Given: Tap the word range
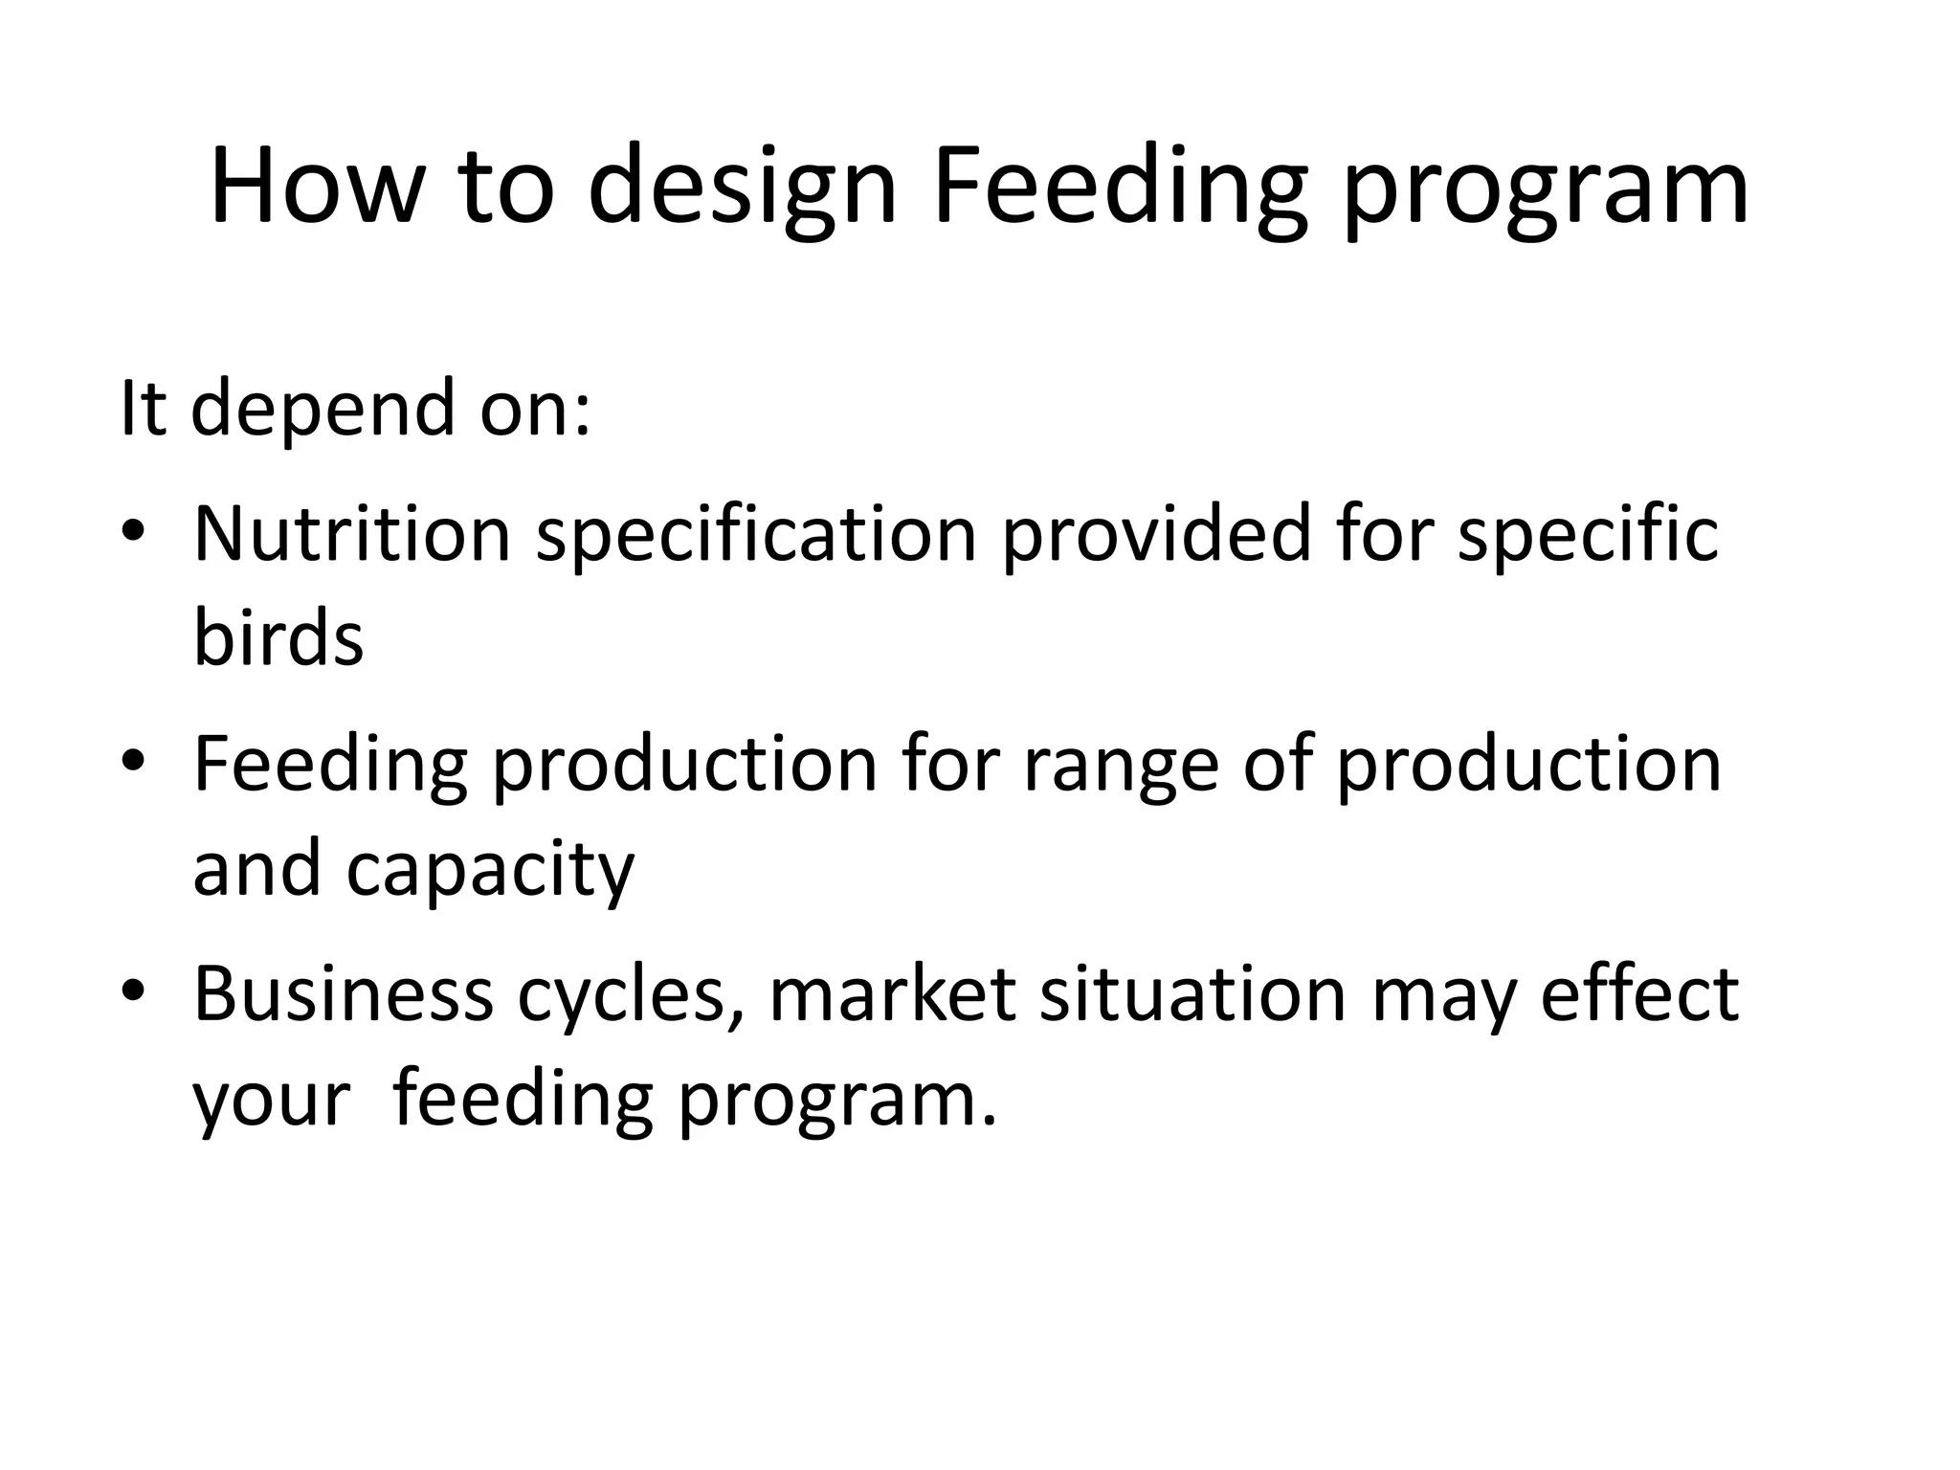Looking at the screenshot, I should [x=1121, y=766].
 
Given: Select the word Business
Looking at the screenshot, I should [x=344, y=993].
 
